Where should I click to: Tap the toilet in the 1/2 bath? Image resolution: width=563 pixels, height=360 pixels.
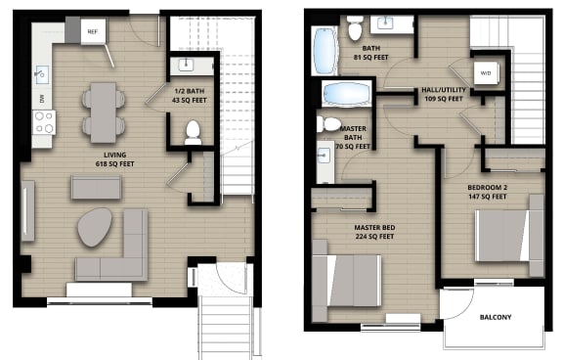(x=193, y=132)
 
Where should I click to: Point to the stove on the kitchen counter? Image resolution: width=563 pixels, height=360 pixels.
(x=44, y=122)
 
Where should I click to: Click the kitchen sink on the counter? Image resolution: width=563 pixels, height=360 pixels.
(x=42, y=73)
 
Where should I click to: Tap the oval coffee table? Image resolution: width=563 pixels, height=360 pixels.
(x=96, y=227)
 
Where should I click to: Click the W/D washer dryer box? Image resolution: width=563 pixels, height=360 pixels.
(x=485, y=72)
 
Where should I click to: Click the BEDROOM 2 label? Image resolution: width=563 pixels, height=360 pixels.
(x=485, y=189)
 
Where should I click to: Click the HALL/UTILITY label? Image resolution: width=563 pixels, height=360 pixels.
(x=442, y=92)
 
